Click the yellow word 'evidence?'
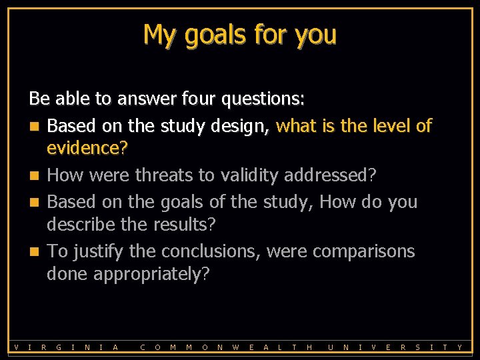point(87,149)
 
